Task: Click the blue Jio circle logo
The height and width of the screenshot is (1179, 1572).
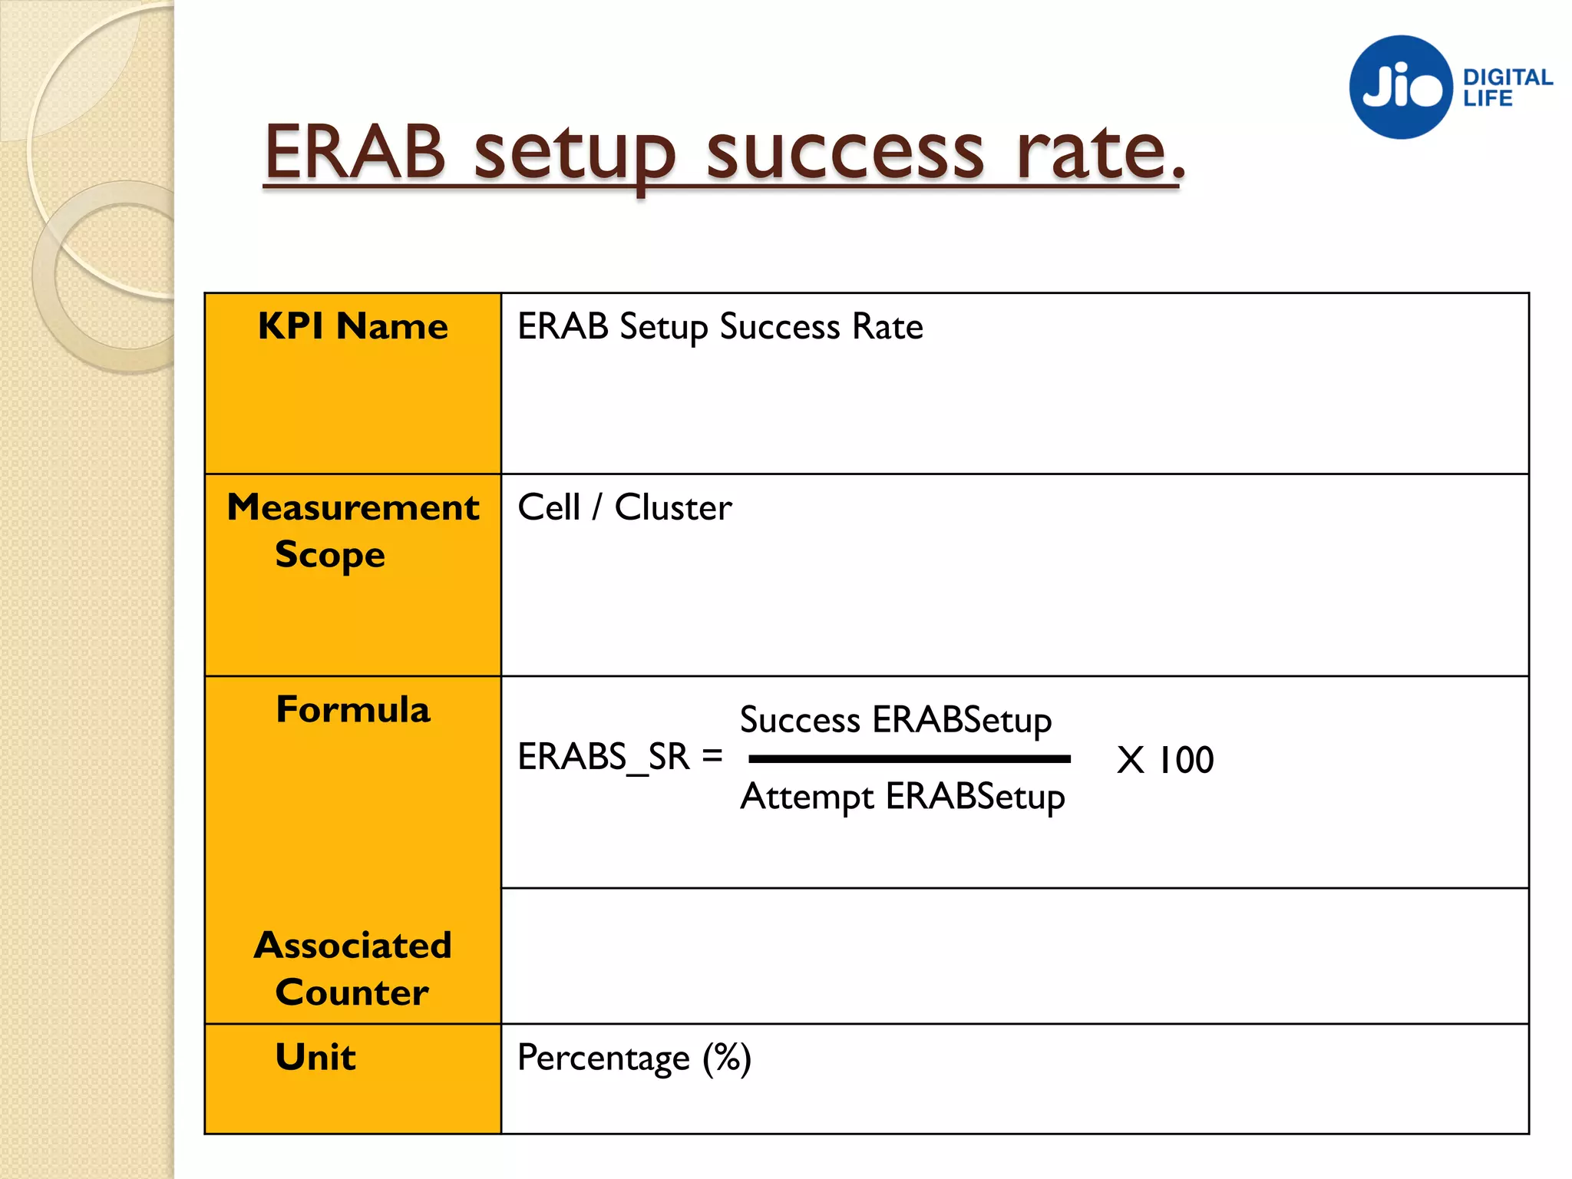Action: [x=1401, y=87]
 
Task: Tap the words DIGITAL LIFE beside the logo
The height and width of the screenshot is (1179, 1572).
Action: [x=1506, y=88]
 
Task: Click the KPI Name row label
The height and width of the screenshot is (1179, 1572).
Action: [x=353, y=326]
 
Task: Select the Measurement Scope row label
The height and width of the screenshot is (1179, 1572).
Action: [x=353, y=530]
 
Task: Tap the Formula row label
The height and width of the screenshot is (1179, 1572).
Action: [x=353, y=709]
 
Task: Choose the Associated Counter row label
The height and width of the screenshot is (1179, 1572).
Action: [x=353, y=968]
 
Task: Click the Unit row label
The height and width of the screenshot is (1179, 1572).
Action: [x=315, y=1057]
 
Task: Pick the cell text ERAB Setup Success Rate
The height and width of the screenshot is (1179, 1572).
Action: [x=720, y=327]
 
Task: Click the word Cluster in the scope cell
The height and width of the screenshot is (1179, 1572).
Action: [x=673, y=507]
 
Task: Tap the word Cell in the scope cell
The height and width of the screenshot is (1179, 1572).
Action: [x=549, y=507]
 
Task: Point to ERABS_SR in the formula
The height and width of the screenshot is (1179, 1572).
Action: [x=604, y=758]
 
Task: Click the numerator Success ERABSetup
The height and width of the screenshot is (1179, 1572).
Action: [x=896, y=720]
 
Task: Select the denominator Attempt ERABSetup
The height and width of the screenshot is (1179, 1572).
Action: [x=903, y=797]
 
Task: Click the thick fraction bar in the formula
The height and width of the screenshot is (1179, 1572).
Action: [x=910, y=758]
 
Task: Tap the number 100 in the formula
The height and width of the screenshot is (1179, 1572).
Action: [x=1186, y=760]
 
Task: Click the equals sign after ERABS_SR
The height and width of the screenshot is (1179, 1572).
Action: [x=712, y=756]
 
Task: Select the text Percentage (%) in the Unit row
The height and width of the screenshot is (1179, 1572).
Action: [x=634, y=1058]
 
